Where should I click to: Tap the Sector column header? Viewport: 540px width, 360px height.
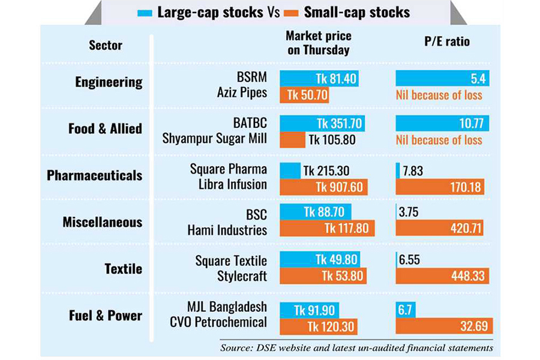coord(106,45)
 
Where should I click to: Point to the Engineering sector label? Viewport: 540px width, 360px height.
coord(109,82)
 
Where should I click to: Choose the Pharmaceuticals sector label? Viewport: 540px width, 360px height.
coord(95,175)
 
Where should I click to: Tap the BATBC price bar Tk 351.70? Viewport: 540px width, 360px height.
coord(322,124)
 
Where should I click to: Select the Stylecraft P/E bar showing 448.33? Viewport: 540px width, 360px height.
coord(442,275)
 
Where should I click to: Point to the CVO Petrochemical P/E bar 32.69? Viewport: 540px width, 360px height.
coord(444,326)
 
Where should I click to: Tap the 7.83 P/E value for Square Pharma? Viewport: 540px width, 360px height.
coord(413,171)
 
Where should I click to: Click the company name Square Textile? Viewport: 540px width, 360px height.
coord(231,261)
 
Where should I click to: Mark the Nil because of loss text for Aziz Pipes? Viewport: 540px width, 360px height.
coord(439,94)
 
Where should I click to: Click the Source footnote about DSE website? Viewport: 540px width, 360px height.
coord(356,347)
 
